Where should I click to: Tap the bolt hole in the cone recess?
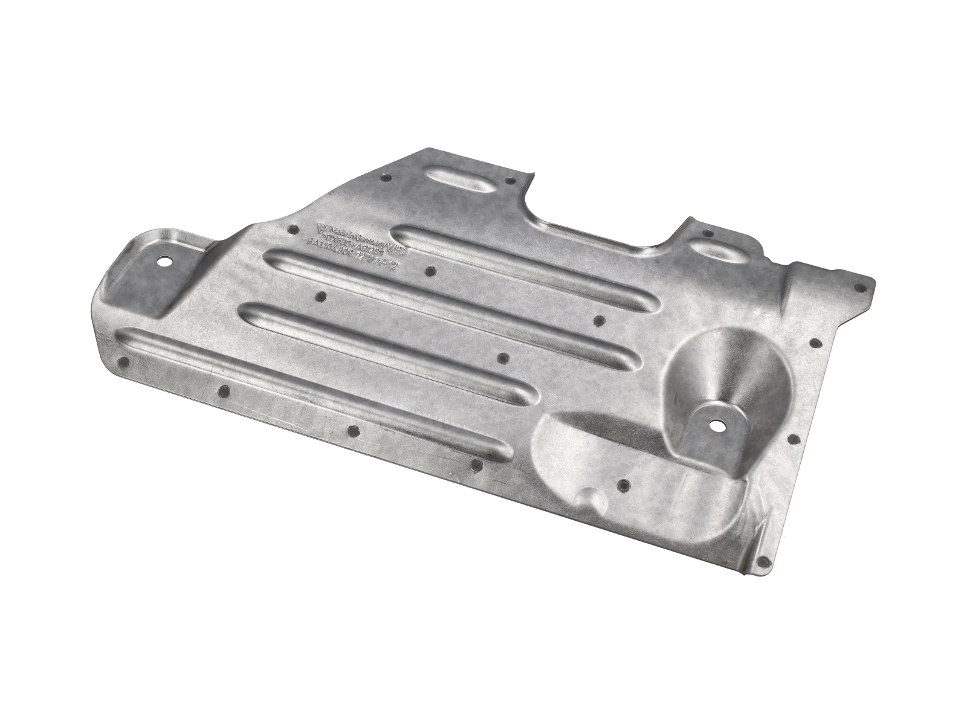[x=717, y=424]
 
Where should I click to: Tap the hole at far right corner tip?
[x=858, y=288]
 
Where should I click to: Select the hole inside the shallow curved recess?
[x=624, y=483]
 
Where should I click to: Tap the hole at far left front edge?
[x=124, y=362]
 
